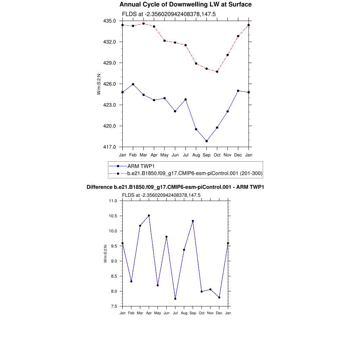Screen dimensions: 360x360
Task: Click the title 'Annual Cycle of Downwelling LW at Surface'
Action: (185, 5)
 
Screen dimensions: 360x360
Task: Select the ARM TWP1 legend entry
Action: (141, 166)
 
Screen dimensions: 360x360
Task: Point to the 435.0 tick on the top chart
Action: (111, 21)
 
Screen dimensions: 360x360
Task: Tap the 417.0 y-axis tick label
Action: (111, 147)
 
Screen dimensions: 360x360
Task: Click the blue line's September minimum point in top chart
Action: (207, 141)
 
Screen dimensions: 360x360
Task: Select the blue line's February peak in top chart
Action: (133, 84)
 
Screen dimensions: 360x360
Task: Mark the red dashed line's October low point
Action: (217, 72)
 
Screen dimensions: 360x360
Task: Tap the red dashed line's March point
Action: (143, 24)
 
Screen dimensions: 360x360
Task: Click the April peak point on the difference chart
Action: (149, 216)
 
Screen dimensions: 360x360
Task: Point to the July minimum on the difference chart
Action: (175, 299)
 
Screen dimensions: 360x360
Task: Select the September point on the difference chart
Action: (193, 221)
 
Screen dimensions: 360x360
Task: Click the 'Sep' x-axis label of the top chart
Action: (207, 155)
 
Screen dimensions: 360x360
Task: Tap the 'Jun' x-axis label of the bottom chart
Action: (167, 313)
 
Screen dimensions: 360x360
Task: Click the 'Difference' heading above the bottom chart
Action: (175, 187)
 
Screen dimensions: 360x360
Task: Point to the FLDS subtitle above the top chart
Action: (168, 14)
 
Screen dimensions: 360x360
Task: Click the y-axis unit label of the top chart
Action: (99, 84)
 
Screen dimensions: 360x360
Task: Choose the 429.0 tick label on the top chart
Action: (111, 63)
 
